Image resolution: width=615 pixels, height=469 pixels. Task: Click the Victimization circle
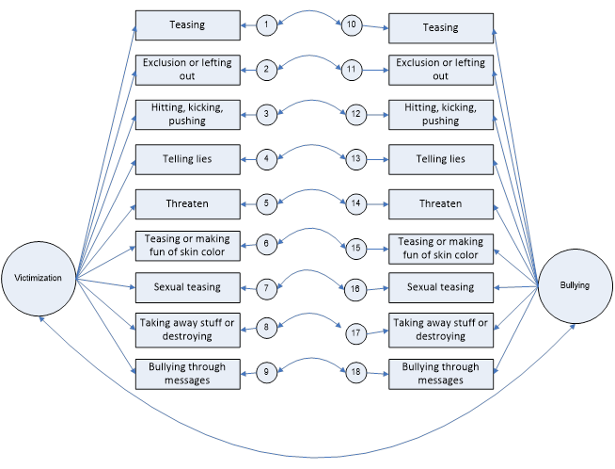pos(39,279)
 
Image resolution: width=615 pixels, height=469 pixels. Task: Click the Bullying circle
pos(574,285)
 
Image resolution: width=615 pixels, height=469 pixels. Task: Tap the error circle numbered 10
pos(353,25)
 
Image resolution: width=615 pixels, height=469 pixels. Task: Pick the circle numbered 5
pos(267,202)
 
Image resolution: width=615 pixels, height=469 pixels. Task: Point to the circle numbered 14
pos(355,202)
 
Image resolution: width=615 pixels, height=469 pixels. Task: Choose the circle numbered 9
pos(267,372)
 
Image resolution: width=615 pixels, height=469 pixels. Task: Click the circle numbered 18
pos(355,372)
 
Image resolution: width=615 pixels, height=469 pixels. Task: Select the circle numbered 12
pos(355,114)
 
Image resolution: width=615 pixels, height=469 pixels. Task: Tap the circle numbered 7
pos(267,285)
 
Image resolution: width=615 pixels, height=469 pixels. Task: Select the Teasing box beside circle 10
pos(440,27)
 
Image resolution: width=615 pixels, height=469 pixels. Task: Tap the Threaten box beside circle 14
pos(440,202)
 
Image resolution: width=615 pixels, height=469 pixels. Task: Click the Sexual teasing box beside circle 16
pos(440,285)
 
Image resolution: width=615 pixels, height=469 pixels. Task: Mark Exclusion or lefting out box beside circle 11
pos(440,70)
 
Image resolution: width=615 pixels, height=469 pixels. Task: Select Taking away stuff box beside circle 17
pos(440,330)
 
